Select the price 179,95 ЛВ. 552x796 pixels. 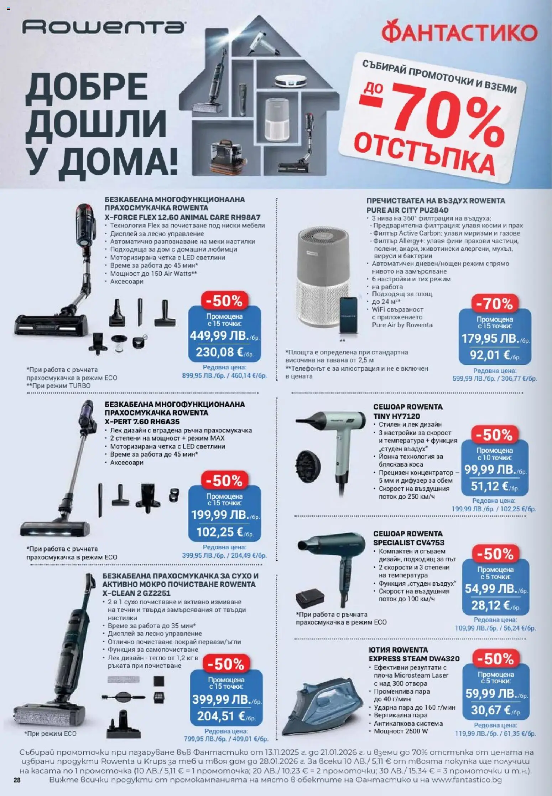click(491, 339)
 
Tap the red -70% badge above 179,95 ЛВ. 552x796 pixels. click(495, 304)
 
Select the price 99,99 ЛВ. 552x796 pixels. click(490, 469)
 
